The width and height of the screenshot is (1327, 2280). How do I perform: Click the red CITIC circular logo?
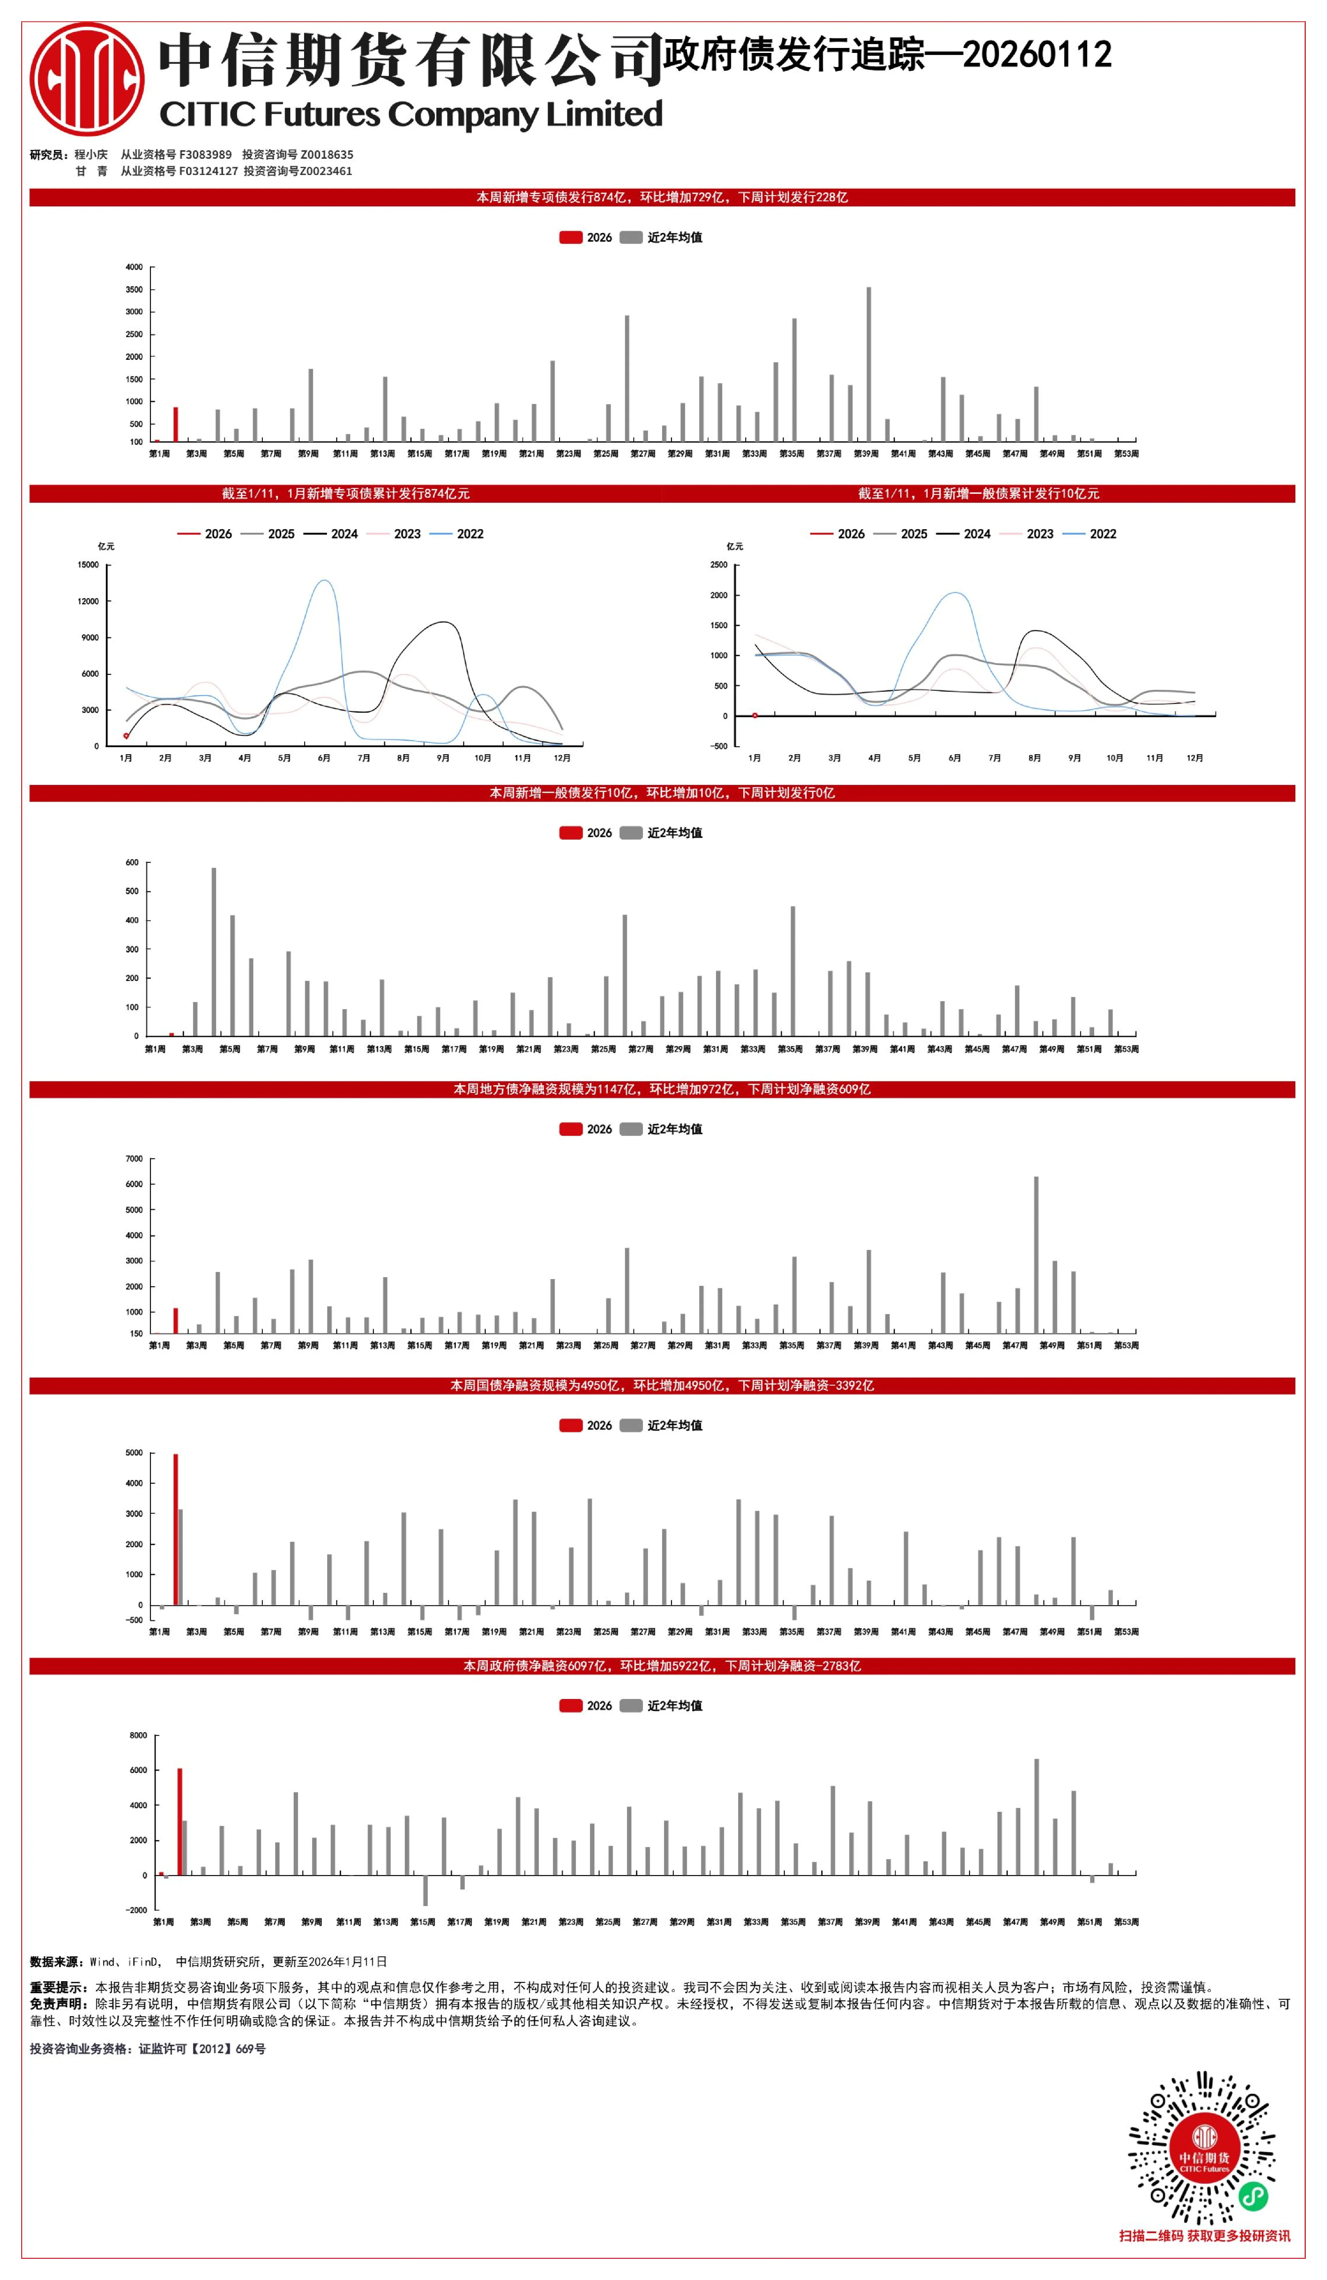point(87,80)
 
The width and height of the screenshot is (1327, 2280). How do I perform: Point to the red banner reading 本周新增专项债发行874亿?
point(662,197)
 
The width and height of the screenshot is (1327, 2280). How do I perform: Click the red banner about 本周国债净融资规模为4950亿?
point(662,1386)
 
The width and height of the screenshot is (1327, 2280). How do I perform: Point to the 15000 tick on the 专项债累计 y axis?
point(88,564)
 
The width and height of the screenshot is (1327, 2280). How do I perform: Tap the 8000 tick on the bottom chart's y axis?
point(138,1735)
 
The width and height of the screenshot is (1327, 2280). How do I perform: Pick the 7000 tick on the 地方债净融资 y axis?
point(134,1159)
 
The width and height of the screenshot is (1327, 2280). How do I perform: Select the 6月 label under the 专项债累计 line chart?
point(324,758)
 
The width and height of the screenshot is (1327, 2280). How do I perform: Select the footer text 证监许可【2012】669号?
point(202,2049)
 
